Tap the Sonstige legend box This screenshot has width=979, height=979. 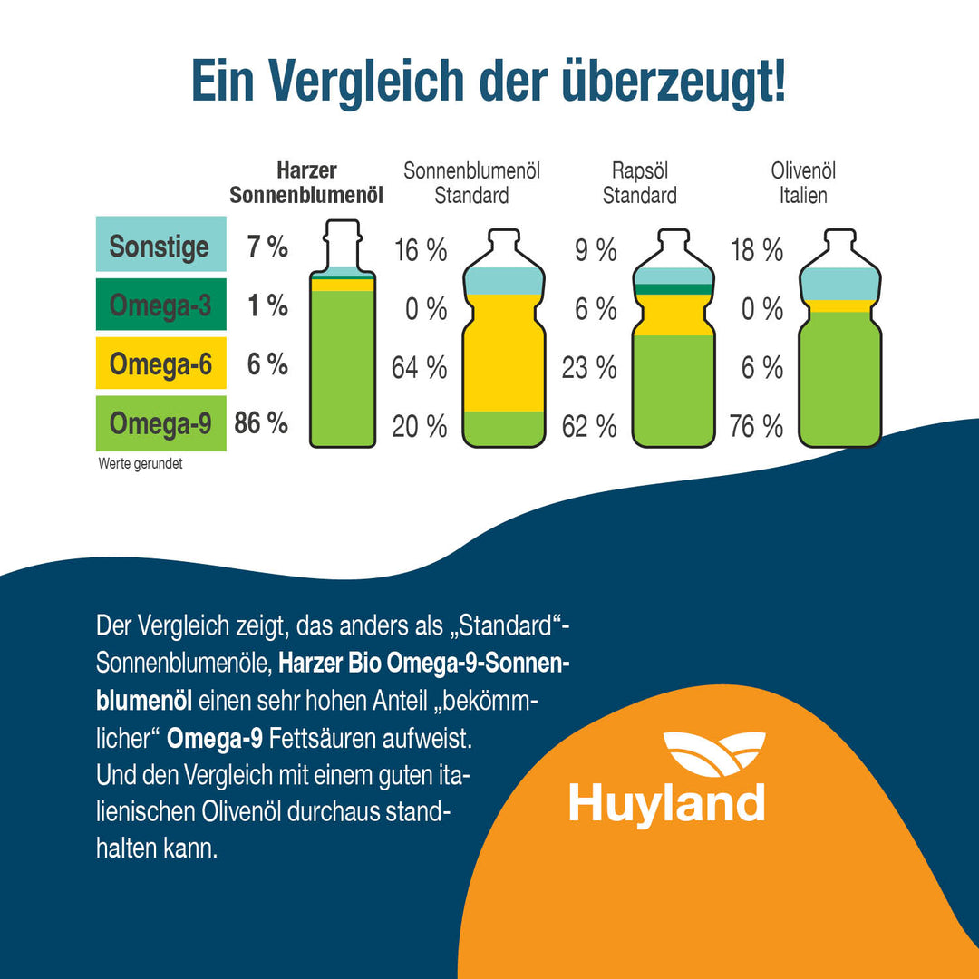pos(160,247)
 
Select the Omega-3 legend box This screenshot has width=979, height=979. pos(160,306)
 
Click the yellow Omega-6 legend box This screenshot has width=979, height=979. pos(160,364)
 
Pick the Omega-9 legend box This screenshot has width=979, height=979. pos(160,423)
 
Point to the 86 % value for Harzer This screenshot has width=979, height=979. pos(261,422)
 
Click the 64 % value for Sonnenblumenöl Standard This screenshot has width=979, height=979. pos(419,368)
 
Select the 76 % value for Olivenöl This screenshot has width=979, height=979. pos(756,426)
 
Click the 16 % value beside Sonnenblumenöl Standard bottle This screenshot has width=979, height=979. pos(420,250)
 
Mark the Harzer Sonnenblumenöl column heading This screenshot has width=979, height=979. pos(306,182)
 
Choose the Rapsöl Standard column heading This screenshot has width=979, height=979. pos(639,182)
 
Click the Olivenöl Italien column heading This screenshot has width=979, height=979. pos(803,182)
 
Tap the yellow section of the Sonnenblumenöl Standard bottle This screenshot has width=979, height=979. pos(504,354)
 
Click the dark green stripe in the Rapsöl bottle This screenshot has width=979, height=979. pos(673,289)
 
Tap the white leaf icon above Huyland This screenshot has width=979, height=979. pos(713,754)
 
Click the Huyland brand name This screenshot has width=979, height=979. pos(666,803)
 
